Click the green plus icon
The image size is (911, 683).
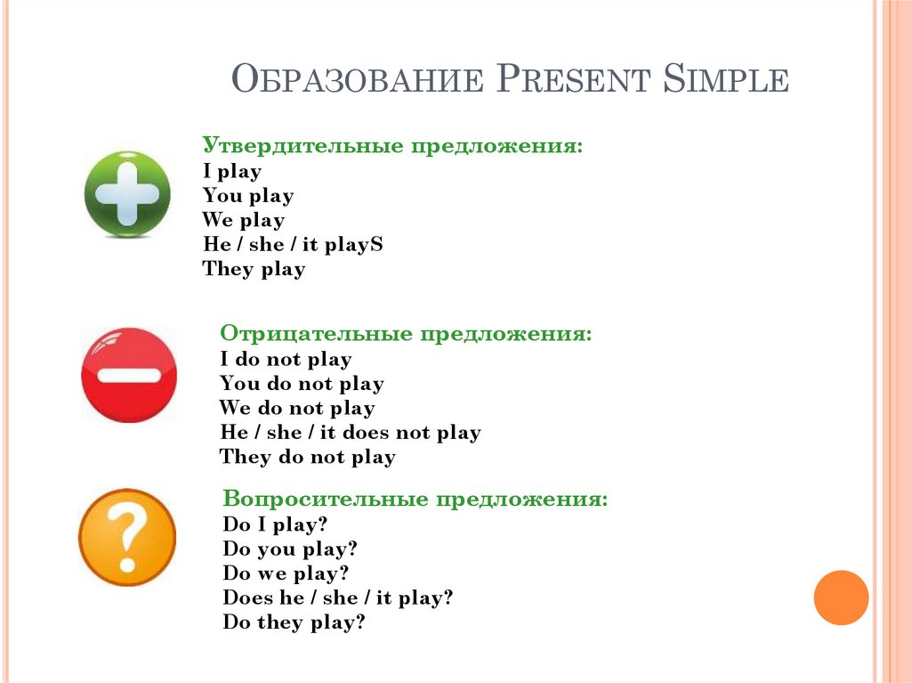(x=127, y=194)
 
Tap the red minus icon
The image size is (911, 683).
(x=129, y=375)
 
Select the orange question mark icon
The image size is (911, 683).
(x=127, y=537)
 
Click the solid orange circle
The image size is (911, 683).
(x=841, y=597)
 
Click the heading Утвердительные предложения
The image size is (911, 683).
(x=392, y=146)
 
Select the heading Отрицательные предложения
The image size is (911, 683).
(x=406, y=335)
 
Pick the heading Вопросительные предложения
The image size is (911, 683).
(x=415, y=500)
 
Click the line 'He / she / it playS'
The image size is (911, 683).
(x=293, y=245)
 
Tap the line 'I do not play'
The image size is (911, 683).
(x=286, y=360)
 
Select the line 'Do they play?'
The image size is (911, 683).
(x=294, y=623)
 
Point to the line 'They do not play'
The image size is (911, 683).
(x=307, y=458)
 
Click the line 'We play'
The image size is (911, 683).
(x=243, y=220)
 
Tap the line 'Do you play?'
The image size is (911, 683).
(x=290, y=549)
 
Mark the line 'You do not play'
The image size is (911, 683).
(x=302, y=385)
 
